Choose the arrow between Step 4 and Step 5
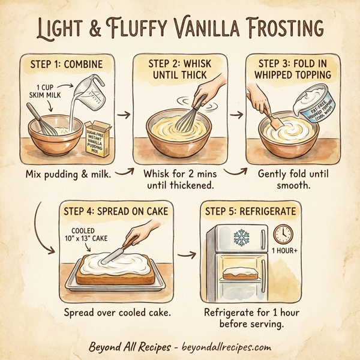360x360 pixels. pos(187,254)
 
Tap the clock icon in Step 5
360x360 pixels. pos(281,233)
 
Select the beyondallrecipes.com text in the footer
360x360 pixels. pos(223,347)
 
